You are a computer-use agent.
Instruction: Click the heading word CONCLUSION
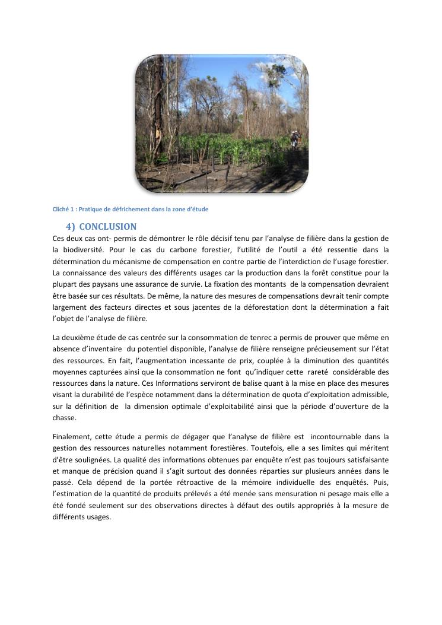coord(107,227)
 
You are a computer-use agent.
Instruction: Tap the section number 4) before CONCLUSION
coord(71,227)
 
